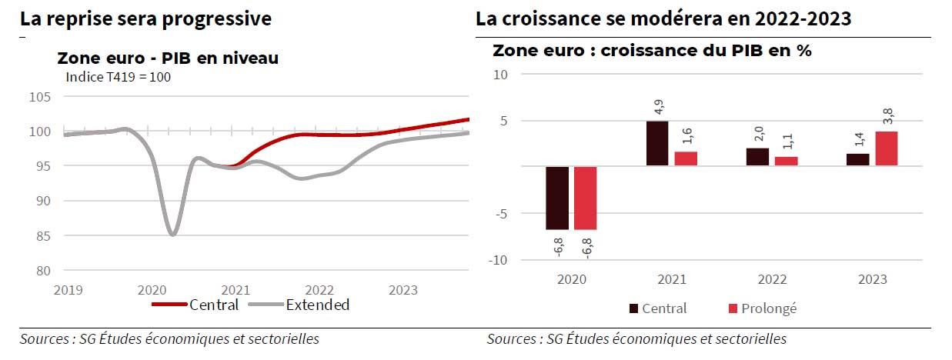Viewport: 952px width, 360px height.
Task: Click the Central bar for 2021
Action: pyautogui.click(x=657, y=144)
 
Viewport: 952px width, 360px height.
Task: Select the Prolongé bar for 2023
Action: pyautogui.click(x=887, y=148)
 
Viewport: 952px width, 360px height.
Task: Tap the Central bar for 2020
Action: pyautogui.click(x=557, y=198)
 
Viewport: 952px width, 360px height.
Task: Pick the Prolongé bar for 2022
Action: pyautogui.click(x=787, y=161)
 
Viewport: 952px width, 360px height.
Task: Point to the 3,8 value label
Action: pyautogui.click(x=887, y=118)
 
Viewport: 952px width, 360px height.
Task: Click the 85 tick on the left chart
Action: pyautogui.click(x=44, y=235)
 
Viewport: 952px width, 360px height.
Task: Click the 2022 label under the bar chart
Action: pyautogui.click(x=773, y=279)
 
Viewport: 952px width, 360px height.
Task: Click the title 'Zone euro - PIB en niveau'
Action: pyautogui.click(x=168, y=58)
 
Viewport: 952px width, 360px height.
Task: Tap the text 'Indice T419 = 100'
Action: pyautogui.click(x=118, y=77)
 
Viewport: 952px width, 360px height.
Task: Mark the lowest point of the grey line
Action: pyautogui.click(x=173, y=235)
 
